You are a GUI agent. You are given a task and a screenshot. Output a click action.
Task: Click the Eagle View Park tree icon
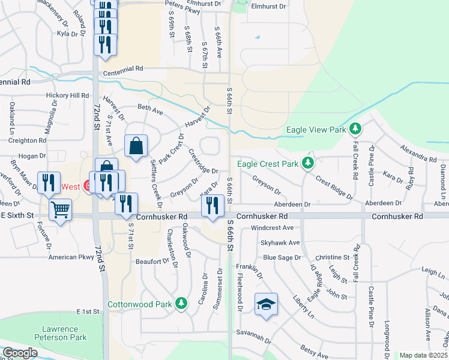(355, 129)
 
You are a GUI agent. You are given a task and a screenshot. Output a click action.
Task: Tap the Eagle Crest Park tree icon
(308, 163)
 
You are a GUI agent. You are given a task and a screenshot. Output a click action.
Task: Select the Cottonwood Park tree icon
(181, 304)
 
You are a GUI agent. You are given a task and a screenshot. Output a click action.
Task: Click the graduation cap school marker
(266, 304)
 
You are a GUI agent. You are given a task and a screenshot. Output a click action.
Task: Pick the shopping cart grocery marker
(60, 211)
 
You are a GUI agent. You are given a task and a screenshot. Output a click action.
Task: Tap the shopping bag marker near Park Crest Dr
(136, 145)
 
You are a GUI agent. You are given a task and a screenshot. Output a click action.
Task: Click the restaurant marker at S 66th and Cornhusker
(212, 206)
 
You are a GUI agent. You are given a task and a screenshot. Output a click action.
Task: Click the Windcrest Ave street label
(272, 228)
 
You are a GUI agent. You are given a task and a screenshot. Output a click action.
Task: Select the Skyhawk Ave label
(280, 242)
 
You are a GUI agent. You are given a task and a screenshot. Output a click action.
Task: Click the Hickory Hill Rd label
(68, 95)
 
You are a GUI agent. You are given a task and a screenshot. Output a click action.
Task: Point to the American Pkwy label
(71, 257)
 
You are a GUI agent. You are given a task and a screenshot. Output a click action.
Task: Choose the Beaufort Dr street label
(152, 262)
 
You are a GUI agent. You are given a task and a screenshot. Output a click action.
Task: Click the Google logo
(19, 353)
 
